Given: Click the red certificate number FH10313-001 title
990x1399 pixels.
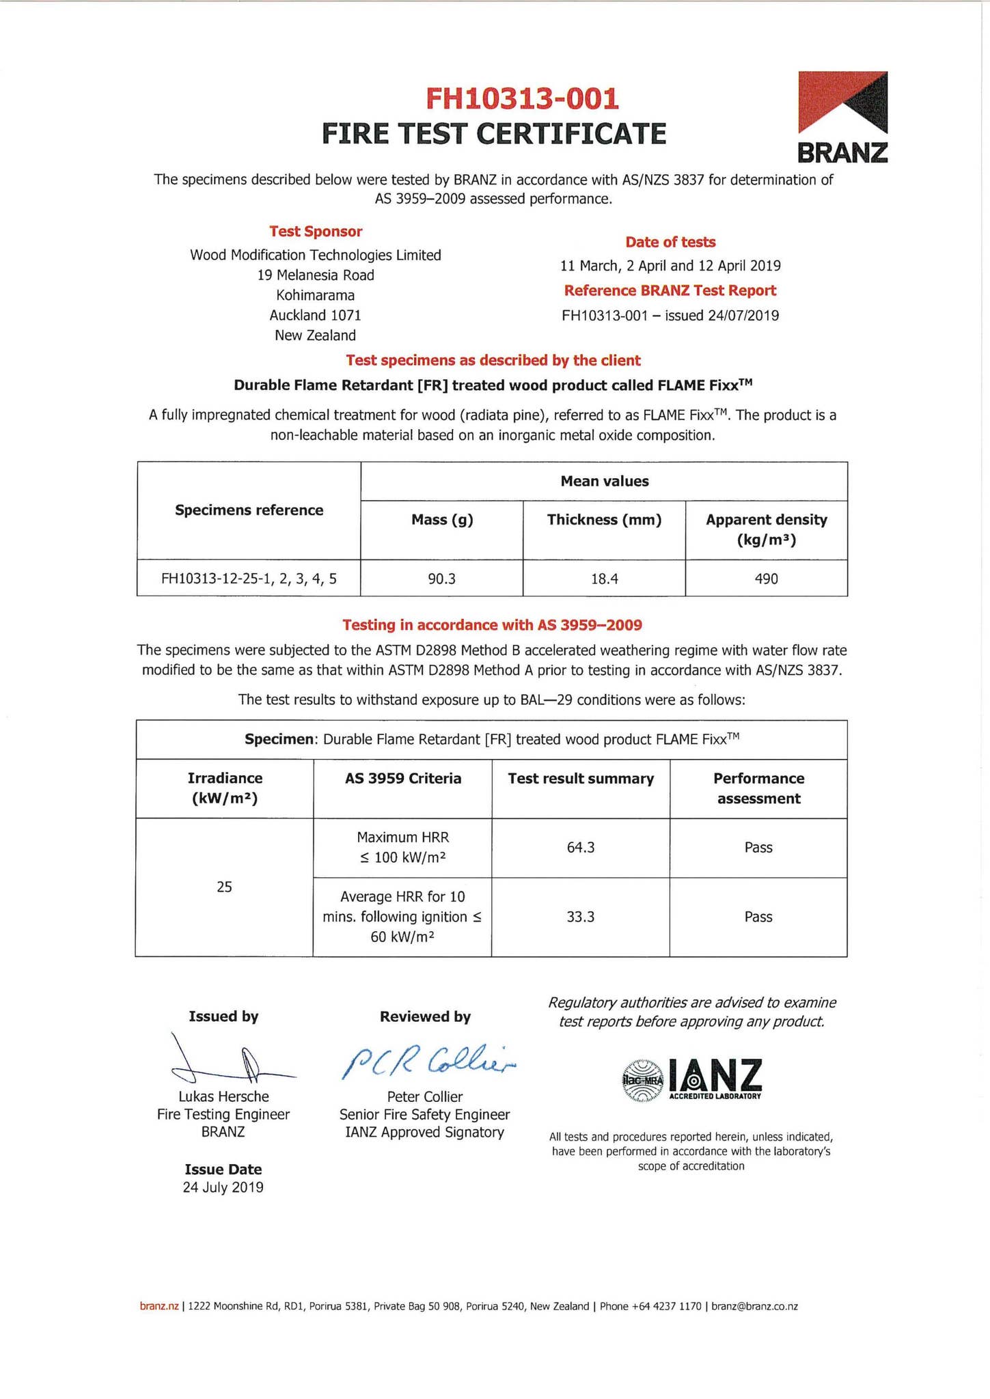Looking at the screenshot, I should click(x=522, y=99).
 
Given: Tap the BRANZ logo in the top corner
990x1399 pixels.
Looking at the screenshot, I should click(x=843, y=117).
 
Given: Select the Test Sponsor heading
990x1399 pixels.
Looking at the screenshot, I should click(x=316, y=232).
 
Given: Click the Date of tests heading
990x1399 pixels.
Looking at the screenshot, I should click(x=670, y=242).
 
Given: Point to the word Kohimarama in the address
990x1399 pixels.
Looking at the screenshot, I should click(x=316, y=295).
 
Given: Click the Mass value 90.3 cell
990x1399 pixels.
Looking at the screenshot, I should click(x=441, y=579).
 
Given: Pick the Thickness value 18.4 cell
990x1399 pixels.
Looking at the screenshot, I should click(x=604, y=579).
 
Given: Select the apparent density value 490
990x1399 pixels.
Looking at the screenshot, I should click(x=766, y=579).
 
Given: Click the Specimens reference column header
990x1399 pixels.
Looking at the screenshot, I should click(x=249, y=510).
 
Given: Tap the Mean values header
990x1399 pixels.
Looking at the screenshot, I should click(x=604, y=481).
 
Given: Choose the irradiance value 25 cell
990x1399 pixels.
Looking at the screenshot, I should click(x=224, y=887).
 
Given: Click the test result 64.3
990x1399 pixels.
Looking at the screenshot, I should click(x=580, y=847).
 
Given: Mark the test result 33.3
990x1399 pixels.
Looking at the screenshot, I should click(x=580, y=917).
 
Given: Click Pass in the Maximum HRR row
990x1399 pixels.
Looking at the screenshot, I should click(x=758, y=847).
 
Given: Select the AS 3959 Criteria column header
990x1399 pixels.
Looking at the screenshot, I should click(x=402, y=778).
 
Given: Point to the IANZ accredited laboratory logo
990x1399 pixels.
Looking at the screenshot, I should click(x=691, y=1080).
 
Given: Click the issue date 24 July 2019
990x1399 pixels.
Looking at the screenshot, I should click(x=223, y=1187).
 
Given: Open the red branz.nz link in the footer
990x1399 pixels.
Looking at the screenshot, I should click(x=159, y=1306).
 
